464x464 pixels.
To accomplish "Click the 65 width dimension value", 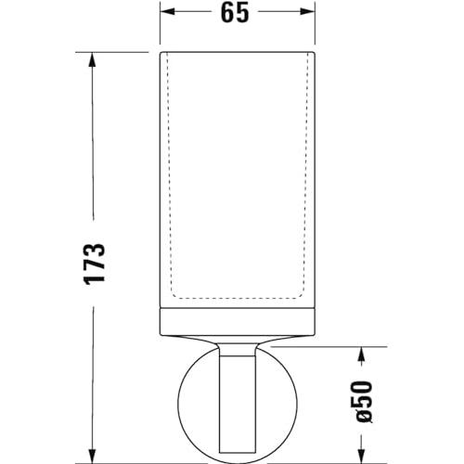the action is point(235,13).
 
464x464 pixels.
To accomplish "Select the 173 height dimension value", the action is point(95,264).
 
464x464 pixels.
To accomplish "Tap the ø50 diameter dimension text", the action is point(363,402).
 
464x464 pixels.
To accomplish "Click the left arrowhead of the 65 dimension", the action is point(167,12).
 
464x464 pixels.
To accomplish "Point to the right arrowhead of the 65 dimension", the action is point(307,12).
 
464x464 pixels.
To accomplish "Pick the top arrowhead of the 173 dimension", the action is point(92,59).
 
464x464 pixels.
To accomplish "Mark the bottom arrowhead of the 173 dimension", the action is point(92,456).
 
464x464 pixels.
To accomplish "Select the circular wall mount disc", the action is point(178,402).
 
